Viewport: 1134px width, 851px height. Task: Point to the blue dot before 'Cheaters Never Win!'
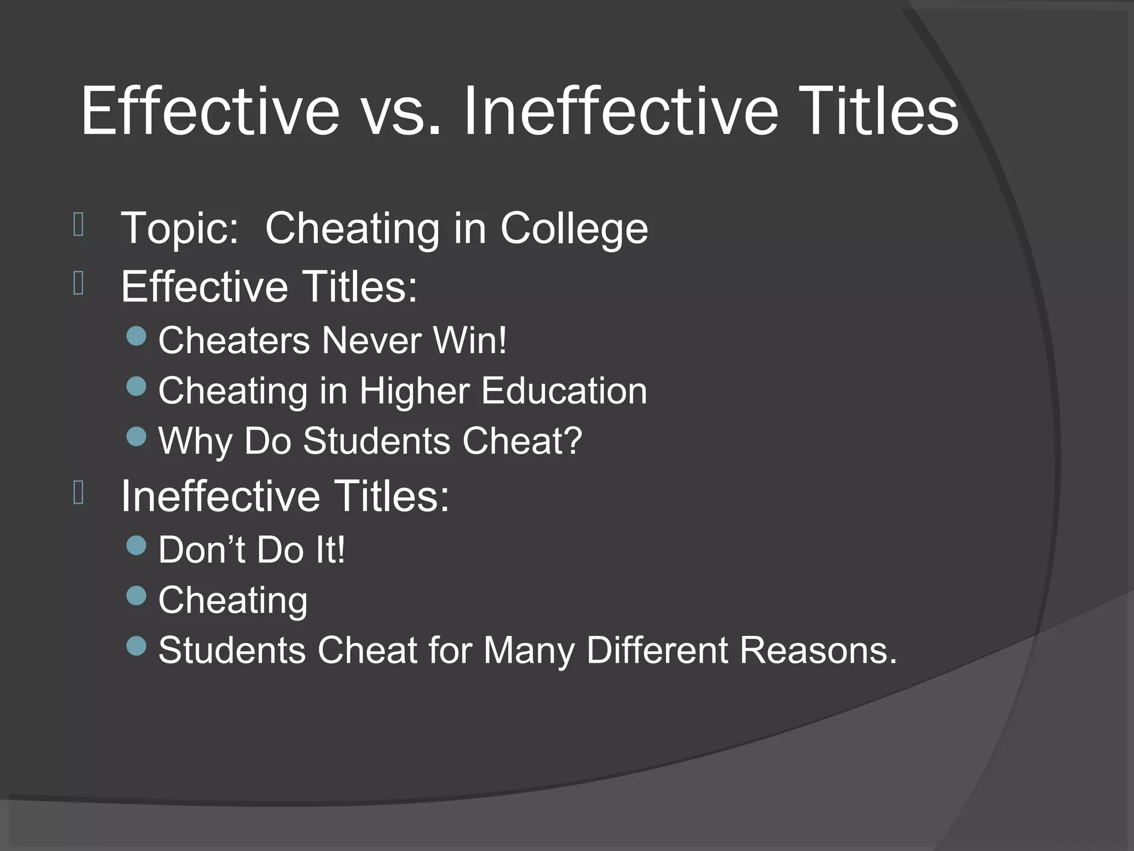136,336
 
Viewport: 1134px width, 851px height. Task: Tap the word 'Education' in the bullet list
564,391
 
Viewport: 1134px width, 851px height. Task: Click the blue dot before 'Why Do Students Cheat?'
136,437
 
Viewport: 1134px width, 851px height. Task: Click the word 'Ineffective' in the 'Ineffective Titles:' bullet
220,496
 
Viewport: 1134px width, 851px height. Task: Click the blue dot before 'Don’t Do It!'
136,546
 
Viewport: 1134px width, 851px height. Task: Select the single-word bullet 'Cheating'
233,601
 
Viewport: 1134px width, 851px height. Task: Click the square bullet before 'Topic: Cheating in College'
79,225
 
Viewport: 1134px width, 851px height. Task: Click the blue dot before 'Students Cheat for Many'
136,645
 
